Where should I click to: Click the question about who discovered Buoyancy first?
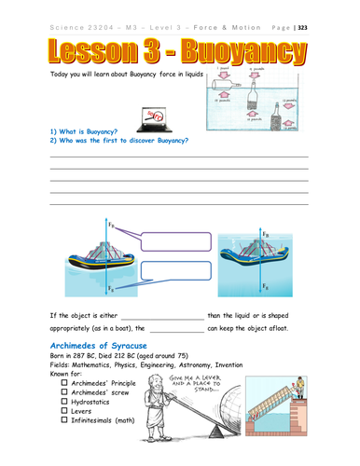[119, 141]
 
